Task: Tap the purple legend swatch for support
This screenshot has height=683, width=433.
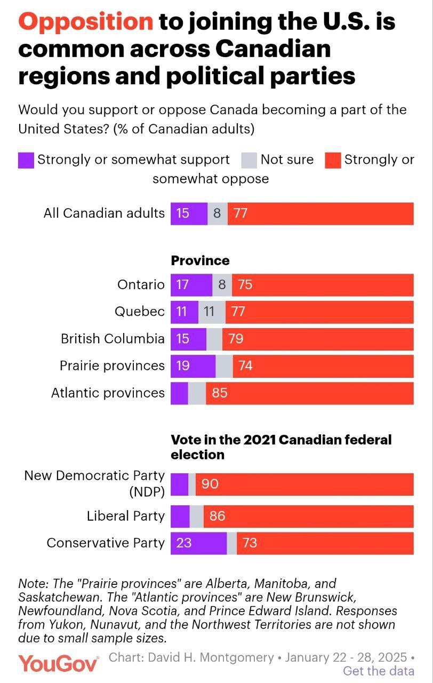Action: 26,160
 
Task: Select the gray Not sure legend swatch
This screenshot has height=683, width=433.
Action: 249,160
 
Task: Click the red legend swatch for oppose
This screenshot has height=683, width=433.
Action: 333,160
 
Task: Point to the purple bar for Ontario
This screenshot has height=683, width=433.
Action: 191,285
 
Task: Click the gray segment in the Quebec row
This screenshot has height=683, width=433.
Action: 212,312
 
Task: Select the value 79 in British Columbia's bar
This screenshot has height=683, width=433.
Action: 235,339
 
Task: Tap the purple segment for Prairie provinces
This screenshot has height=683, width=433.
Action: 193,366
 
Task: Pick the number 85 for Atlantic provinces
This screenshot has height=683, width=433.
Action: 219,393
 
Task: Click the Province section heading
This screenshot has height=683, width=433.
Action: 200,260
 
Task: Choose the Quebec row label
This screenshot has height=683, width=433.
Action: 140,312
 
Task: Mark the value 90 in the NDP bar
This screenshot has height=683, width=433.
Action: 210,484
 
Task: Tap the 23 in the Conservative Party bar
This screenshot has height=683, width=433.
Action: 183,543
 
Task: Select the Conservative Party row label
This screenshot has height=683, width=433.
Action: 106,543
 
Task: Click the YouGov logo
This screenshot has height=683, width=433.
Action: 59,663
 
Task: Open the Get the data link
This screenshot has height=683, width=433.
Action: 379,671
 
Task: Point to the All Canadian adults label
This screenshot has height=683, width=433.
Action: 104,213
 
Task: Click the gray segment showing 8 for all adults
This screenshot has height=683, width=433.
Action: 217,213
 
